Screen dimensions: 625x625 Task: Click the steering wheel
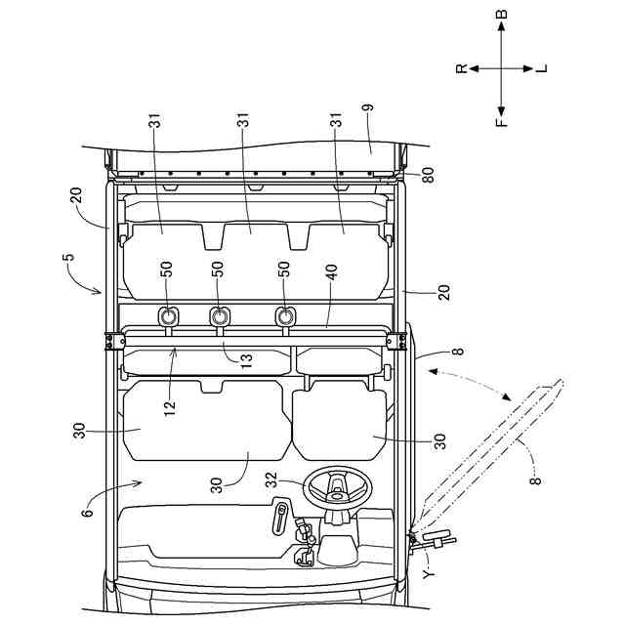tap(335, 485)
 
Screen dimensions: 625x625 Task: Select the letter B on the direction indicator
tap(501, 17)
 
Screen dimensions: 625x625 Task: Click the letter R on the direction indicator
tap(462, 69)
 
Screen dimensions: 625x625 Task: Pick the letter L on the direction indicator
tap(543, 69)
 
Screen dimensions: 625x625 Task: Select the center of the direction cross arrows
tap(501, 69)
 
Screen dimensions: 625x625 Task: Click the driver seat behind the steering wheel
tap(337, 420)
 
